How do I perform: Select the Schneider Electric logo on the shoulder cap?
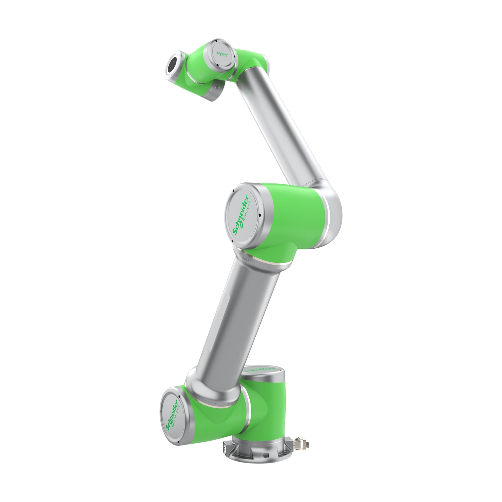pos(174,413)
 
